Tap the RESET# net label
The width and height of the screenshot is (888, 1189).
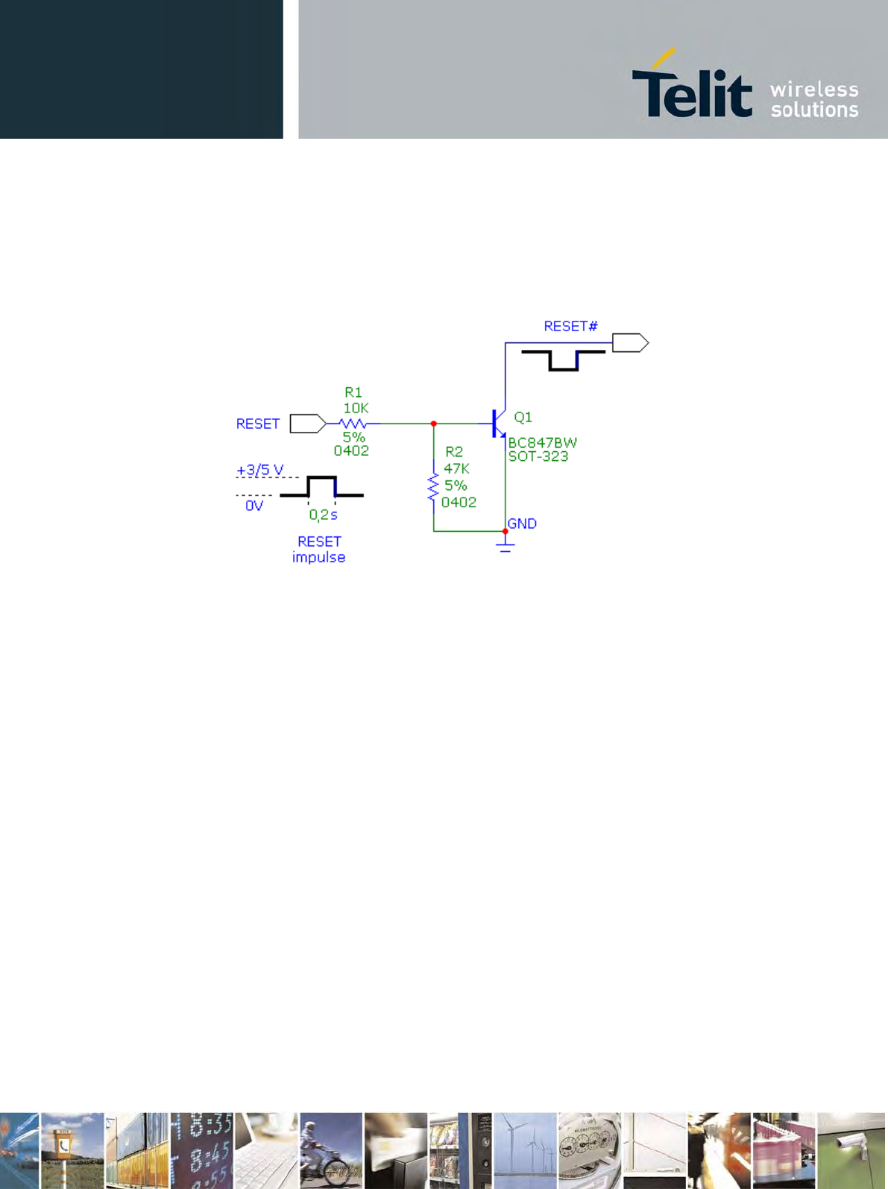tap(570, 327)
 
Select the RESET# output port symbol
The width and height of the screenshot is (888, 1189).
tap(630, 343)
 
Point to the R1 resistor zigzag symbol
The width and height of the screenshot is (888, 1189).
tap(353, 424)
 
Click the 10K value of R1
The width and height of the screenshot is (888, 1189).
tap(356, 408)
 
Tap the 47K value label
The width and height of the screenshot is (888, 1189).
tap(456, 469)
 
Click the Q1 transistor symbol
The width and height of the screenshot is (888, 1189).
tap(498, 424)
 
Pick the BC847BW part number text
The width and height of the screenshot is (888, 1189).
tap(542, 443)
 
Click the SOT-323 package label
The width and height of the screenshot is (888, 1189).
tap(538, 457)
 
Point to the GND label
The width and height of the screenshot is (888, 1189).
tap(522, 524)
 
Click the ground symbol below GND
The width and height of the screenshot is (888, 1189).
tap(505, 547)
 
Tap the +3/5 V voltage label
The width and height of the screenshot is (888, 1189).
tap(259, 471)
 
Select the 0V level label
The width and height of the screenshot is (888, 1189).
tap(254, 506)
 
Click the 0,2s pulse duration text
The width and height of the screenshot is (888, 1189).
tap(323, 515)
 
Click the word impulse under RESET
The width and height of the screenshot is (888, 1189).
tap(318, 557)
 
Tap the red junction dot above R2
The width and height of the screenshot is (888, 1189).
tap(433, 424)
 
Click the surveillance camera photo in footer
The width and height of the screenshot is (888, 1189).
tap(851, 1150)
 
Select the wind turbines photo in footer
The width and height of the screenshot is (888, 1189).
tap(525, 1150)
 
